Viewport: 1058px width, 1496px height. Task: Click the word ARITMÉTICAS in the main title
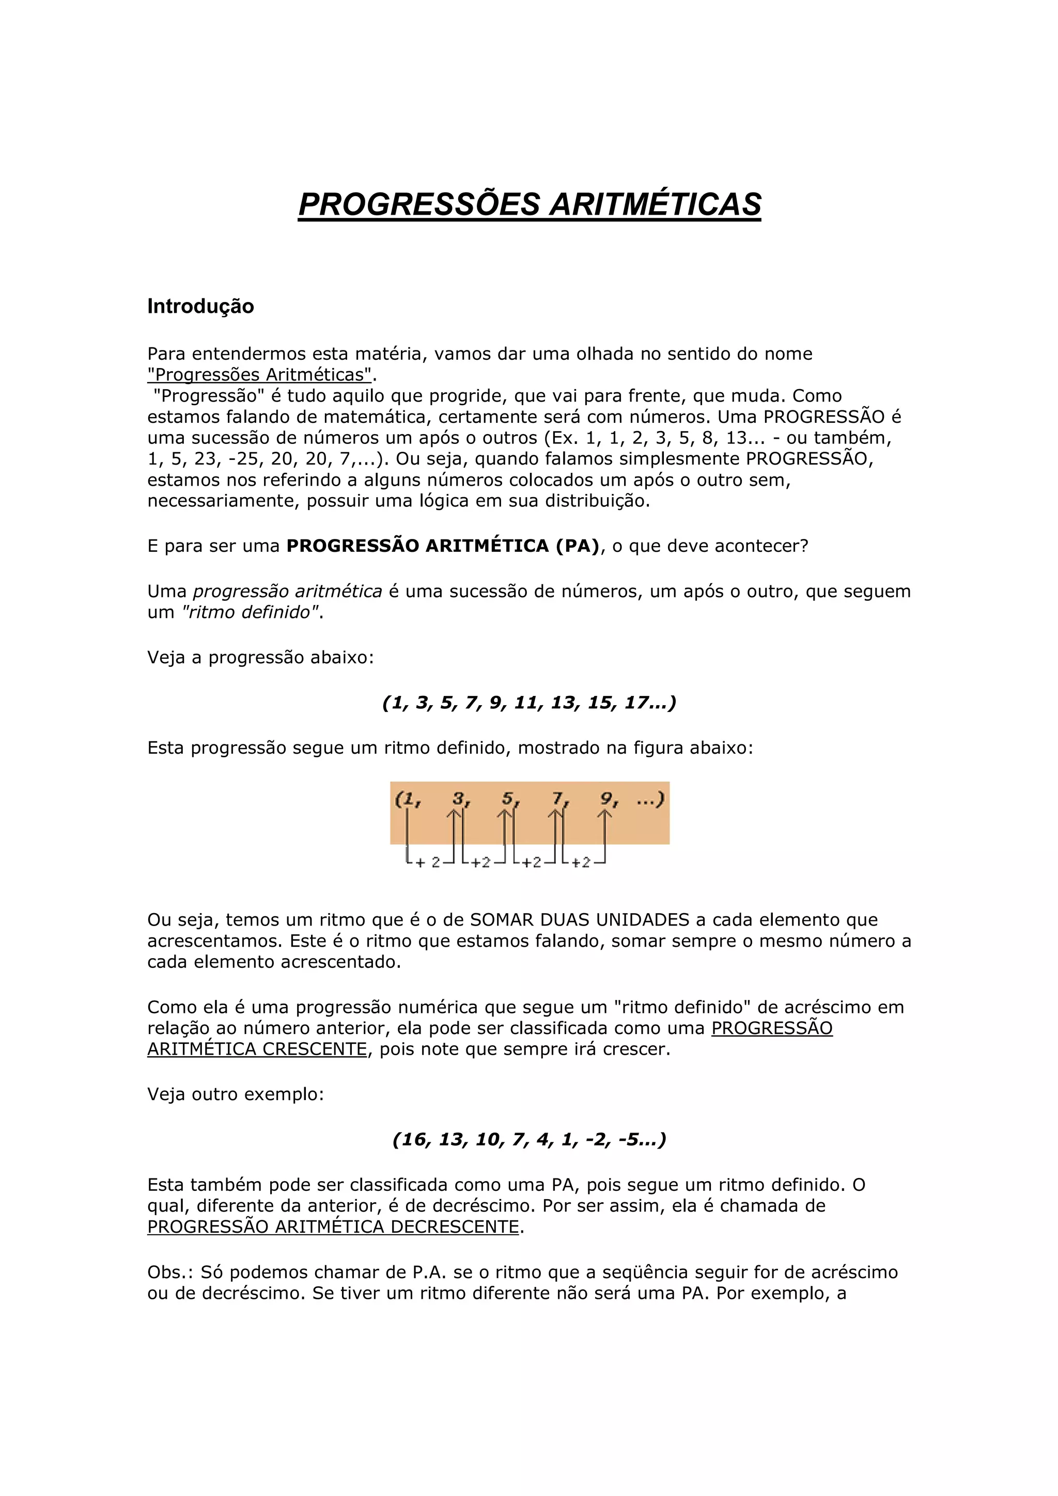pos(655,204)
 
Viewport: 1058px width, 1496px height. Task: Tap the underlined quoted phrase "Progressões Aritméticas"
pos(259,375)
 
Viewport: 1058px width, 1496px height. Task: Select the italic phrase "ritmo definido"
pos(251,612)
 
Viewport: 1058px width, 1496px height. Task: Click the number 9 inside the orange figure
pos(606,798)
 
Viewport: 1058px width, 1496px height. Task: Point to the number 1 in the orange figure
pos(409,799)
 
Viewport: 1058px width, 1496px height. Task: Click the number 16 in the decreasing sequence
pos(413,1140)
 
